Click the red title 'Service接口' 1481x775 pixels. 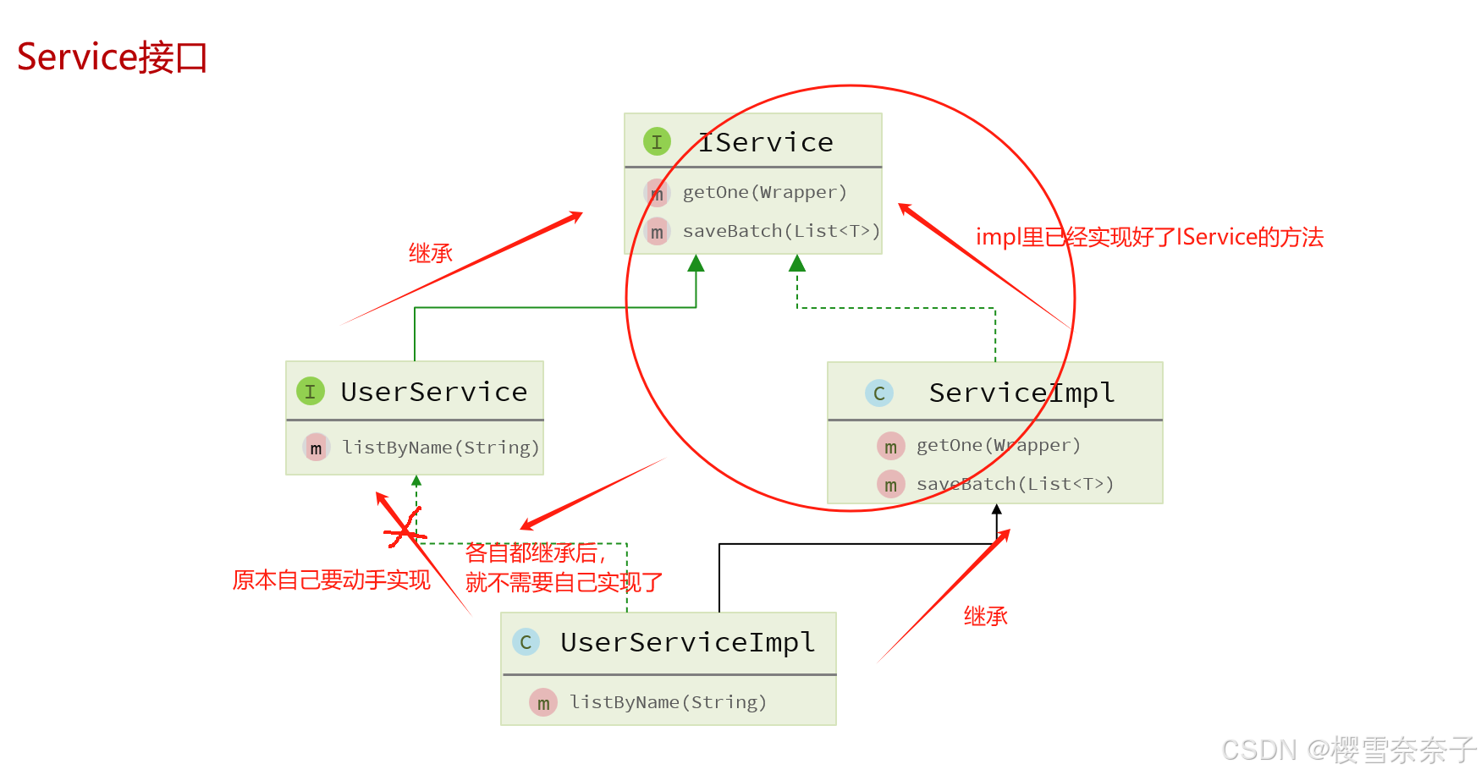click(x=112, y=58)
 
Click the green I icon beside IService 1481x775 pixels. click(x=657, y=141)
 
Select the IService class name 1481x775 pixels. click(x=765, y=142)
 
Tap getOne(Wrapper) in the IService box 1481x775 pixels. click(x=764, y=192)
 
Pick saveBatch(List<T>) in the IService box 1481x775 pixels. click(x=780, y=231)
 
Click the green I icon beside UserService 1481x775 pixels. click(x=311, y=391)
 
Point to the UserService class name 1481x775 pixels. click(x=433, y=392)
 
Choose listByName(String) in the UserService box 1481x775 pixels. click(x=440, y=448)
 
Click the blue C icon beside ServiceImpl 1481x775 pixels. click(x=879, y=393)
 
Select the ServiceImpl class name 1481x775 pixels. click(x=1021, y=393)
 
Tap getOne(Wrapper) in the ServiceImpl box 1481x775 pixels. click(x=998, y=445)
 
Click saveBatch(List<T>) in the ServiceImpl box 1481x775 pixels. click(x=1014, y=484)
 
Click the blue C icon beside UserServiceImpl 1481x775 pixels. click(x=526, y=642)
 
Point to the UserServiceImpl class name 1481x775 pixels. click(x=687, y=642)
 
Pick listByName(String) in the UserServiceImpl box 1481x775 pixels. click(x=668, y=702)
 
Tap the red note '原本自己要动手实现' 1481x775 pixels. click(x=331, y=580)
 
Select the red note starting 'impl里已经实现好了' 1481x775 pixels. click(x=1149, y=237)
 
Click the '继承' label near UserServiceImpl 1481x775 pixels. click(x=985, y=616)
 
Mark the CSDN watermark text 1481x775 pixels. click(x=1348, y=750)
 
